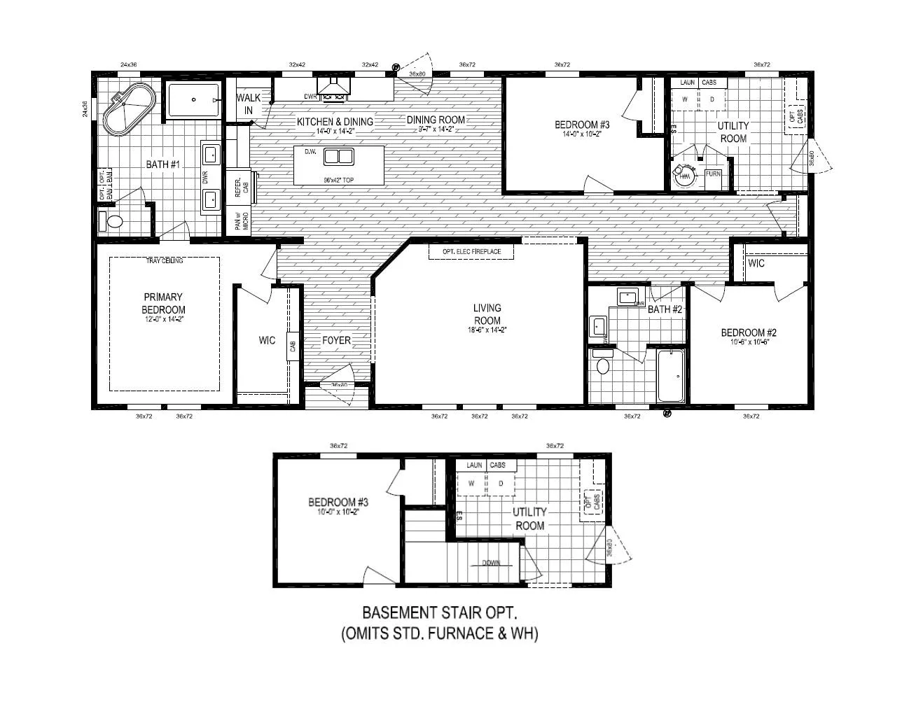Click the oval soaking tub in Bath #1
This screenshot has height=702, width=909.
tap(129, 111)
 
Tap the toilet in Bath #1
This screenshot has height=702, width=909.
tap(112, 223)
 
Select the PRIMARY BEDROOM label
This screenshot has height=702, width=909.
tap(163, 303)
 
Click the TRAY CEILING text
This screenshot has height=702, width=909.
tap(165, 261)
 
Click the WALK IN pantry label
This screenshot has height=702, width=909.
tap(248, 104)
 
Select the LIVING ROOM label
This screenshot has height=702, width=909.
tap(487, 314)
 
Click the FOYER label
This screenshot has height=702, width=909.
tap(336, 341)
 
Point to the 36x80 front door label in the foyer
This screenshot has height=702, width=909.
tap(339, 384)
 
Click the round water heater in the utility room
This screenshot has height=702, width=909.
tap(684, 176)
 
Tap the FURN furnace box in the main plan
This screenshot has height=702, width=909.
tap(713, 174)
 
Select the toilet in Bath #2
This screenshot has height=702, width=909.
tap(602, 365)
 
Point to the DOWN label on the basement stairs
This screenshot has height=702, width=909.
tap(491, 563)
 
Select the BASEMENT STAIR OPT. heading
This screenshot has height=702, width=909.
tap(439, 613)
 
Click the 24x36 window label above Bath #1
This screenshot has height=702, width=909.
tap(128, 64)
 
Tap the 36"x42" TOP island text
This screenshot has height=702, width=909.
tap(338, 180)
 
